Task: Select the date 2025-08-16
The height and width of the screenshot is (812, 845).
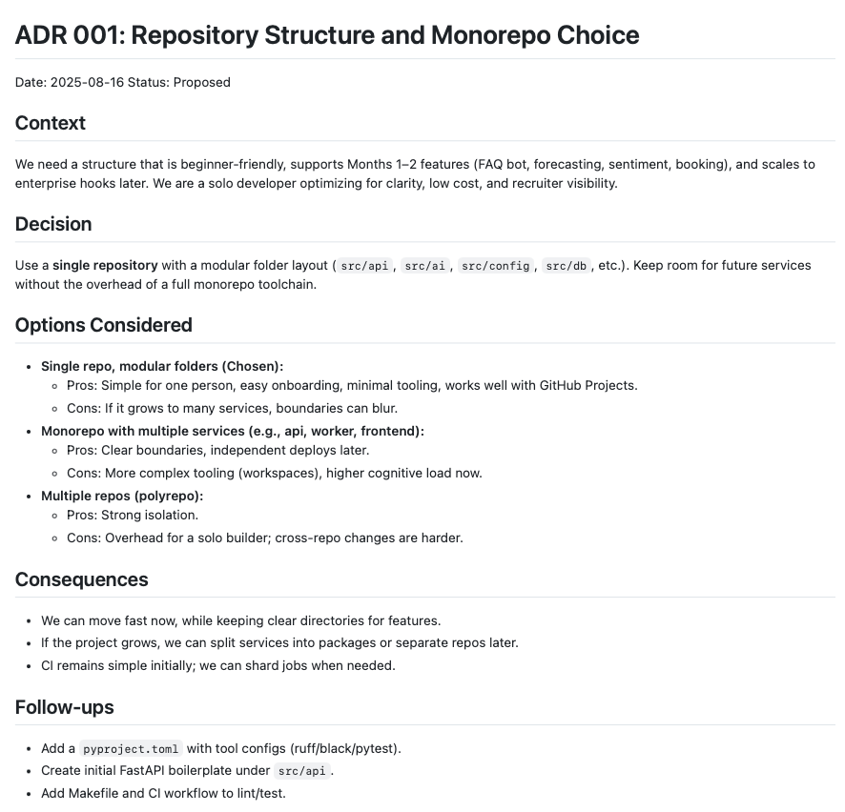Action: pyautogui.click(x=84, y=82)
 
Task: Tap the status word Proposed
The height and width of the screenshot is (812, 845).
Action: pyautogui.click(x=202, y=82)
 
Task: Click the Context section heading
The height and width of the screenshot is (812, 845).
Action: pyautogui.click(x=51, y=123)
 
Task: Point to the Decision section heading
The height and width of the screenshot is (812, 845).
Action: pyautogui.click(x=53, y=224)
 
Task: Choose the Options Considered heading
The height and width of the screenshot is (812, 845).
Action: pyautogui.click(x=104, y=325)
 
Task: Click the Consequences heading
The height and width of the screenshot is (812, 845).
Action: pyautogui.click(x=82, y=579)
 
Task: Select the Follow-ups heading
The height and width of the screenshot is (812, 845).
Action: pyautogui.click(x=65, y=707)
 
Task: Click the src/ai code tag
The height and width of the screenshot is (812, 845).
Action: pyautogui.click(x=424, y=265)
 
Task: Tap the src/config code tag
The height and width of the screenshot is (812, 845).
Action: pyautogui.click(x=495, y=265)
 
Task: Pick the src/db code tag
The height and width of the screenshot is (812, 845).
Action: pyautogui.click(x=566, y=265)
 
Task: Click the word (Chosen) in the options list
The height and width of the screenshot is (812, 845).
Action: pyautogui.click(x=251, y=366)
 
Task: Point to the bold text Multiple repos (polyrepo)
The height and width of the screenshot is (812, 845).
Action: pyautogui.click(x=121, y=496)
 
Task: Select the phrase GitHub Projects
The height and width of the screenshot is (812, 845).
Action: pyautogui.click(x=587, y=385)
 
